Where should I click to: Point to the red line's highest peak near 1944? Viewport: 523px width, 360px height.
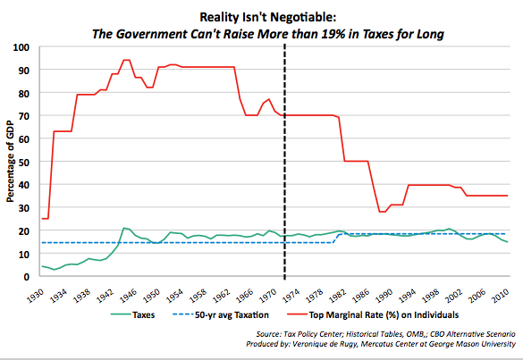(126, 60)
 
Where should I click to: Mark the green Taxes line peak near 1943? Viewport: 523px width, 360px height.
(124, 228)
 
